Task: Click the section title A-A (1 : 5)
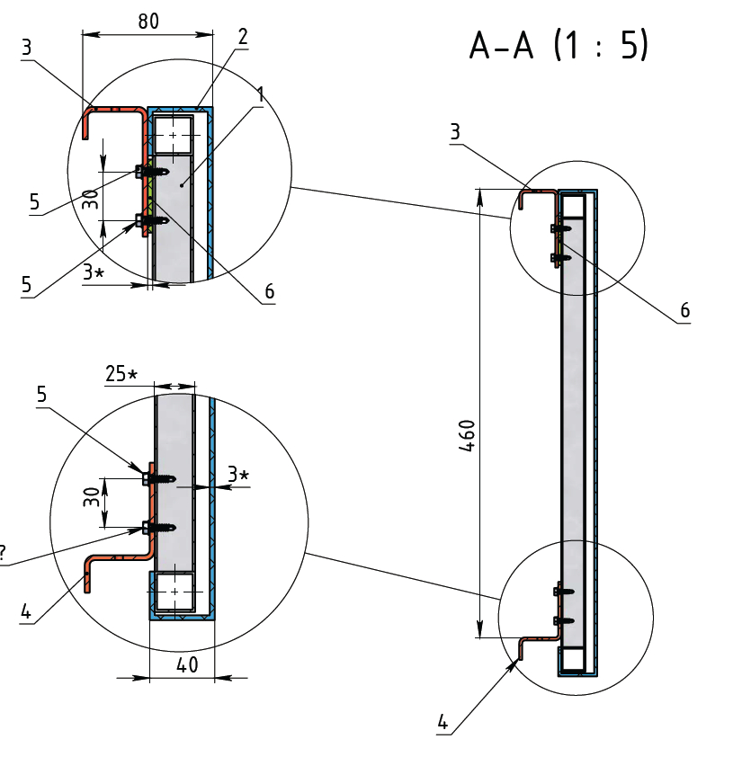click(x=558, y=46)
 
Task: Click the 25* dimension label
click(x=121, y=375)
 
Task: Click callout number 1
click(x=259, y=94)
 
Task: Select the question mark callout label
click(x=4, y=554)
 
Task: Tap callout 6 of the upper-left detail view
click(x=269, y=292)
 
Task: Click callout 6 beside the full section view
click(x=684, y=310)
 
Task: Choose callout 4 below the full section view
click(x=443, y=721)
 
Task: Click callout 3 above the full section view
click(x=455, y=132)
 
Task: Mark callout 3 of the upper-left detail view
click(x=27, y=48)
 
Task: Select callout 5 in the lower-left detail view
click(x=42, y=394)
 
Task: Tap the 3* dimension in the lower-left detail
click(x=237, y=474)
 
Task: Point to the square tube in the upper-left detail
click(x=173, y=134)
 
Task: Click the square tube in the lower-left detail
click(x=173, y=591)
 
